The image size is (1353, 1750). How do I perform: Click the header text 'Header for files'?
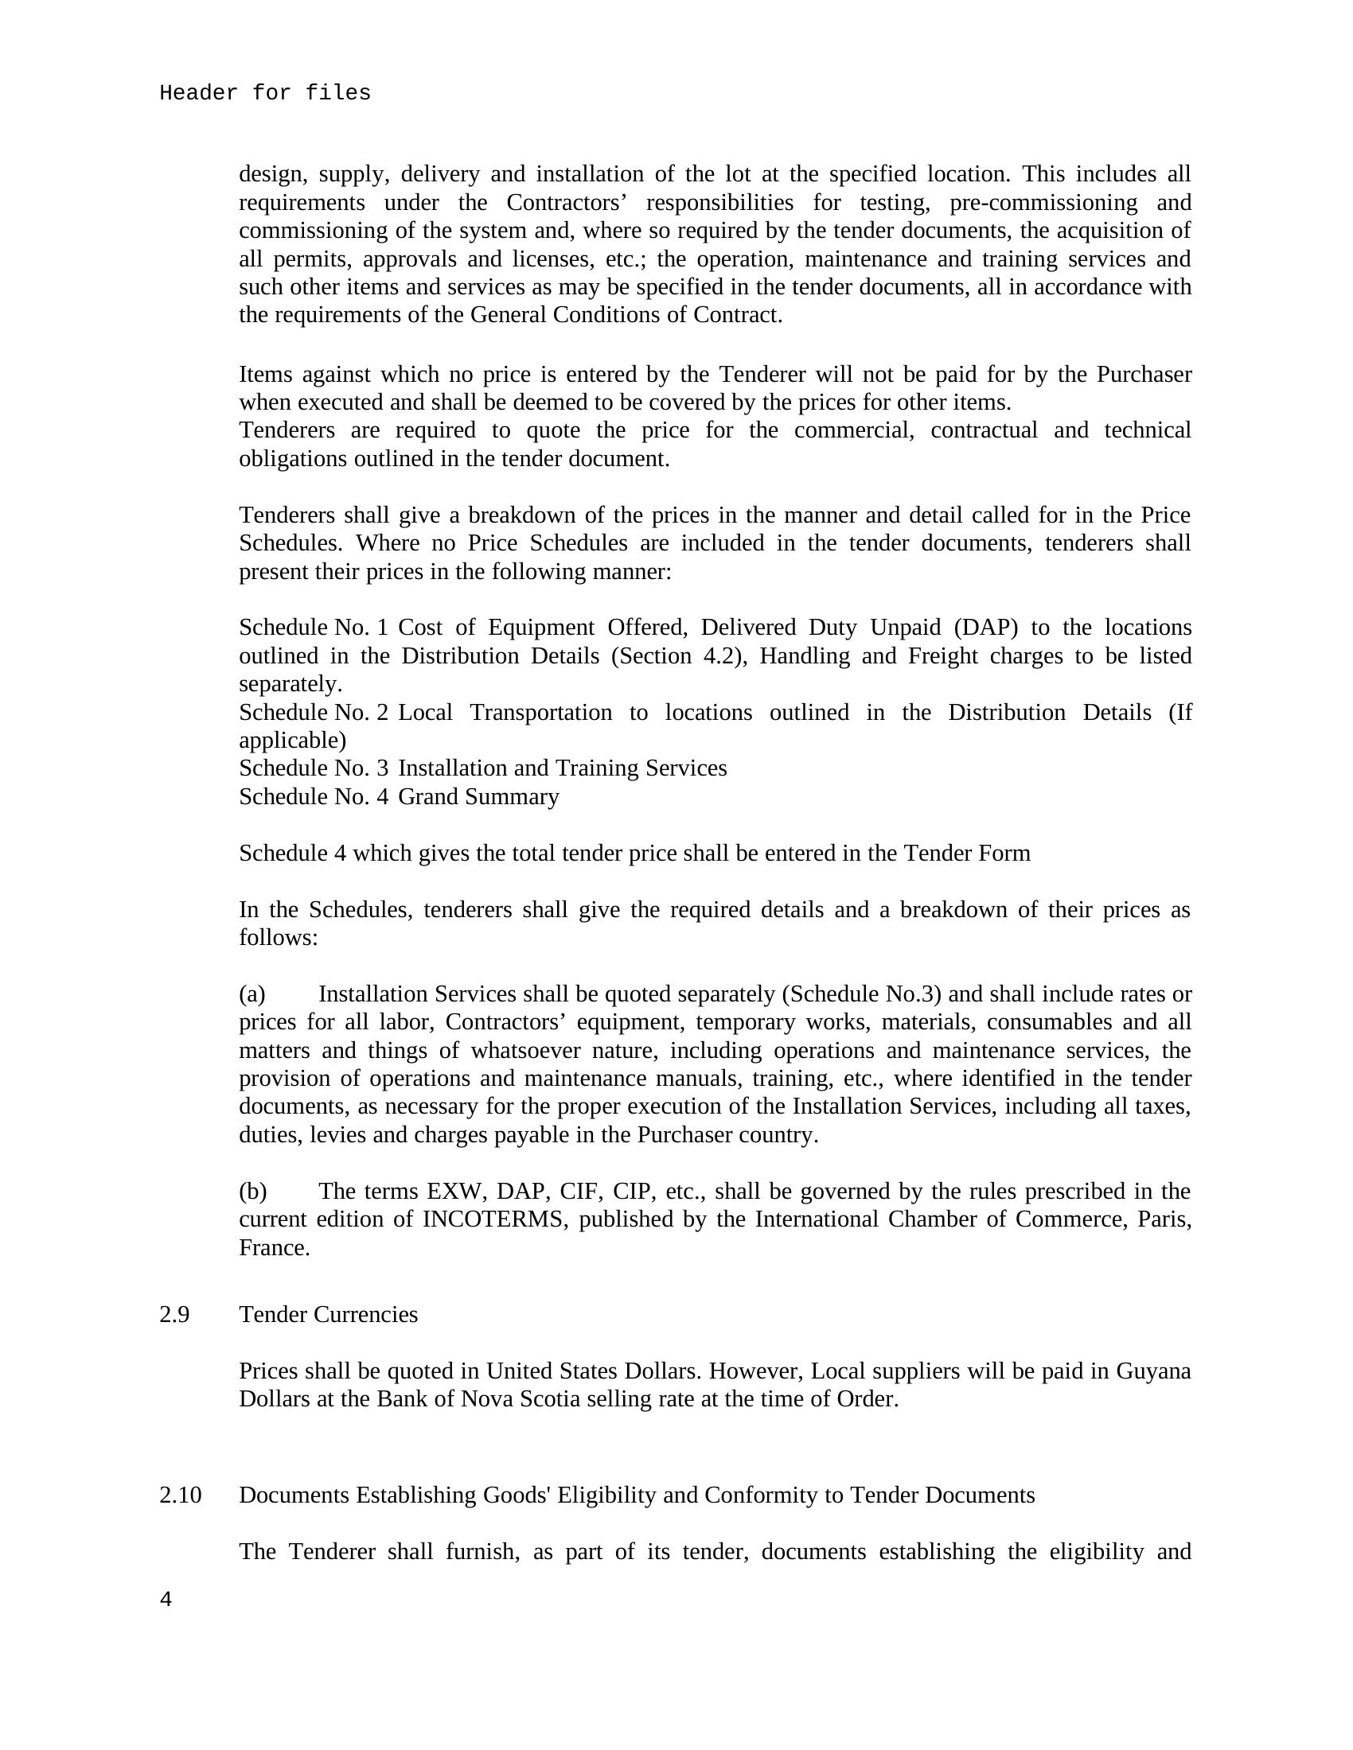pos(264,93)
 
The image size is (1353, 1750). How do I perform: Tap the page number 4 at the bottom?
pos(166,1600)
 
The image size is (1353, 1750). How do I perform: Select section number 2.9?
pos(175,1314)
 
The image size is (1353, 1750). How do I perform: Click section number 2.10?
pos(181,1495)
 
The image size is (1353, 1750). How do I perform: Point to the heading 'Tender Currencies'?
pos(328,1314)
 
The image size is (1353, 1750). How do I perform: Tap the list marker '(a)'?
pos(251,994)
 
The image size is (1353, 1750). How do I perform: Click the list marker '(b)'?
pos(252,1191)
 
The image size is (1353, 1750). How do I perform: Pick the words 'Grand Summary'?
pos(478,796)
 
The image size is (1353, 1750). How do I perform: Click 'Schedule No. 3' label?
pos(314,768)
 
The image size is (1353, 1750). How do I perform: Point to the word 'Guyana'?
pos(1152,1371)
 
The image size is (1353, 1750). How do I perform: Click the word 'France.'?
pos(274,1247)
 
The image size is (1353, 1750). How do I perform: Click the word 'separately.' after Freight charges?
pos(290,683)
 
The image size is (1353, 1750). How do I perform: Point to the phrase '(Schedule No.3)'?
pos(861,994)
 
